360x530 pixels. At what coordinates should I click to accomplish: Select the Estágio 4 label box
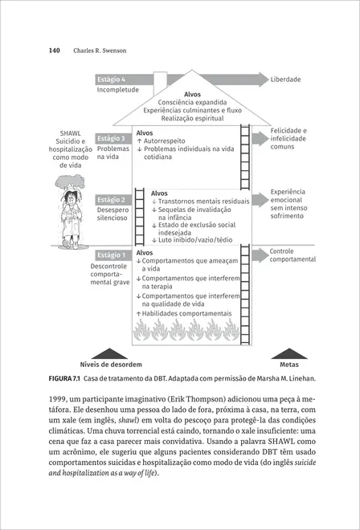pos(111,79)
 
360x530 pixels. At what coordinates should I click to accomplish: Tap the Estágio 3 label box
pos(111,139)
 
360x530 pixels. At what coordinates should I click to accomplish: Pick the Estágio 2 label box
pos(111,199)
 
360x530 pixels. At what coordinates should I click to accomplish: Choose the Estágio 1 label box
pos(111,255)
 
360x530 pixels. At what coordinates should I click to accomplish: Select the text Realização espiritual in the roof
pos(192,119)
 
